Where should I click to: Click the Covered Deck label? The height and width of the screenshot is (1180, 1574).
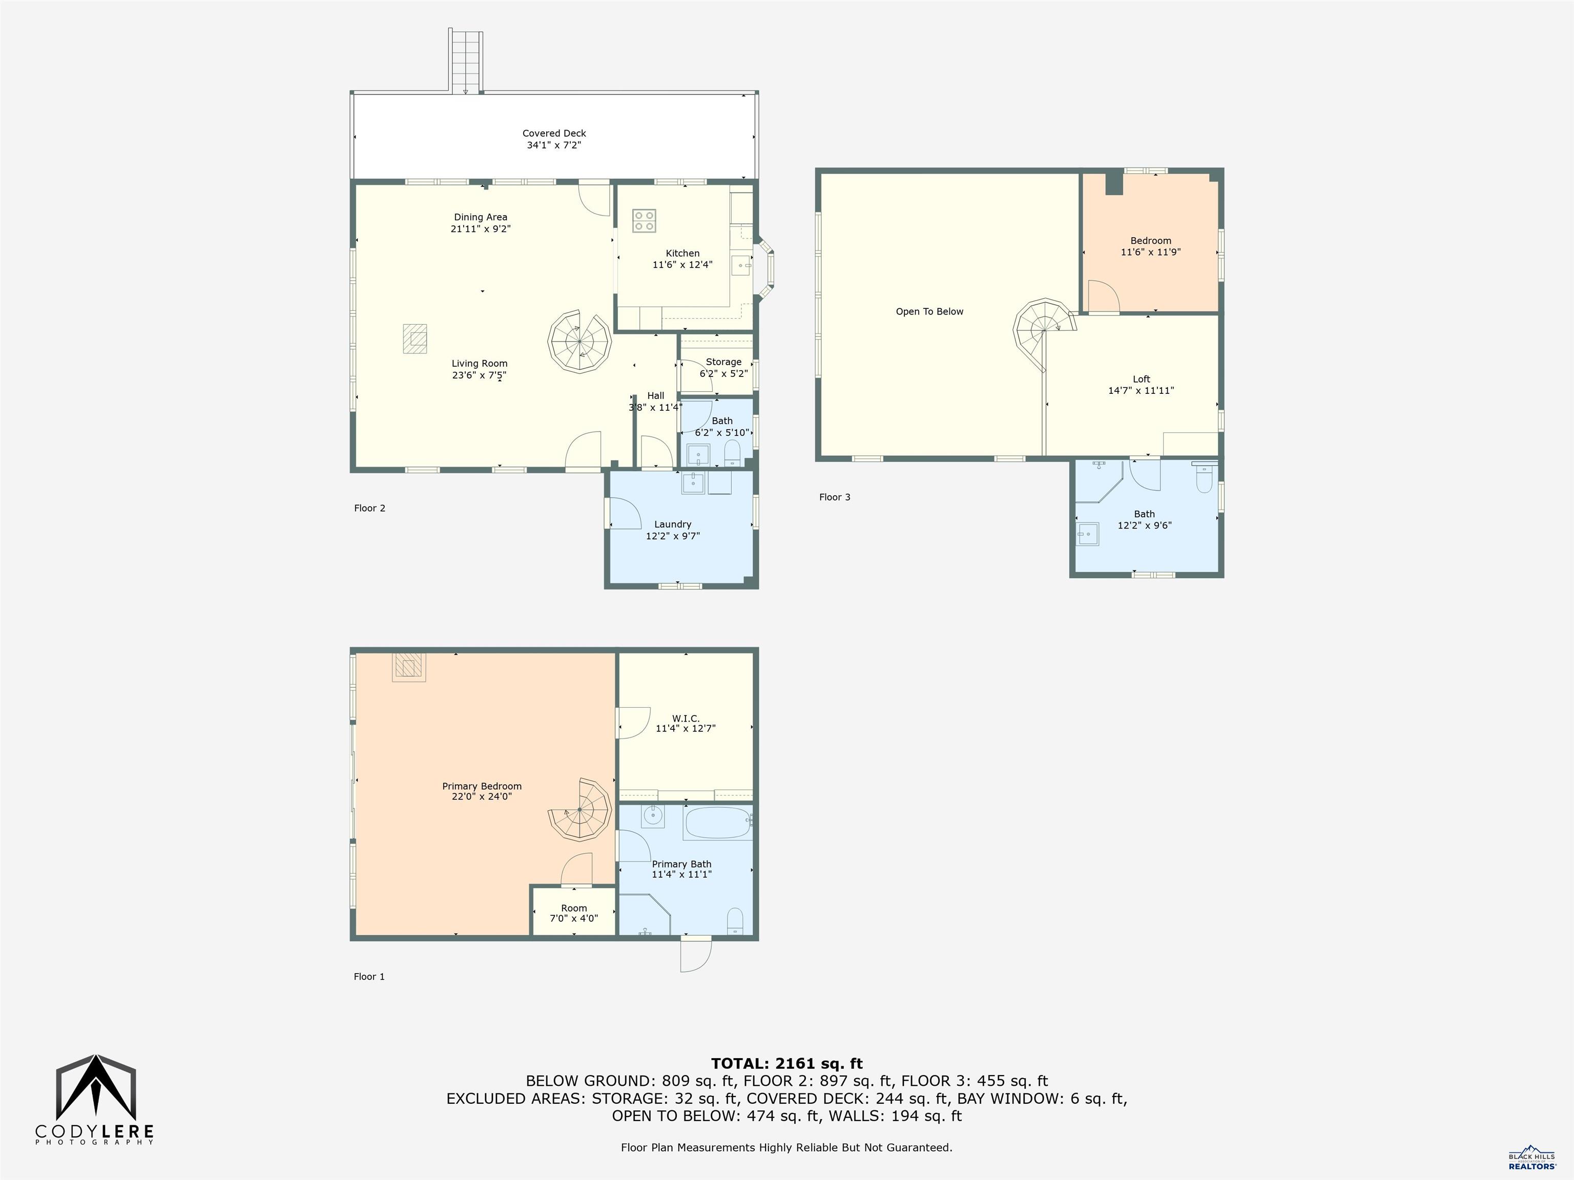tap(553, 133)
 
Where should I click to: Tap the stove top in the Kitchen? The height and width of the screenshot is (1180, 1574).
tap(644, 221)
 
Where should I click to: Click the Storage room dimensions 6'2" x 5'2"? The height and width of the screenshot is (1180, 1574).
tap(723, 373)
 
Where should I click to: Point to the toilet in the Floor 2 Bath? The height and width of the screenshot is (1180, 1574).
tap(732, 452)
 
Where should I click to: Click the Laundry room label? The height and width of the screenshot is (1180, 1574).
tap(672, 524)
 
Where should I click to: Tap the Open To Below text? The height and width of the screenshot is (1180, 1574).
tap(929, 311)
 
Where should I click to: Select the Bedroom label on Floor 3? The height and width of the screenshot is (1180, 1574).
tap(1151, 240)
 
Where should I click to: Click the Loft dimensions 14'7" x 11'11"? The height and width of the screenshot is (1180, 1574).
tap(1141, 390)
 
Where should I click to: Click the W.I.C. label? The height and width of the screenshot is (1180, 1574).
tap(685, 719)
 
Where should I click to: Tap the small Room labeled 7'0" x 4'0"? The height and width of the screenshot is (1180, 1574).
tap(573, 913)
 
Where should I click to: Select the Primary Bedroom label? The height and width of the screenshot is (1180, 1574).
tap(482, 786)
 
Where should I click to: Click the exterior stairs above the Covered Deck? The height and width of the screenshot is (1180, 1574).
tap(465, 60)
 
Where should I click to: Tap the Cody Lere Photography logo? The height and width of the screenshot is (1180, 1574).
tap(95, 1099)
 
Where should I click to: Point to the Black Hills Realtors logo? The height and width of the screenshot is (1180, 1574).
tap(1531, 1157)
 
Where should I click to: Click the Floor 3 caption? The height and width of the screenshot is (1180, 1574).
tap(834, 497)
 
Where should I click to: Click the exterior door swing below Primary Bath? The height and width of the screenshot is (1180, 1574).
tap(696, 955)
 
